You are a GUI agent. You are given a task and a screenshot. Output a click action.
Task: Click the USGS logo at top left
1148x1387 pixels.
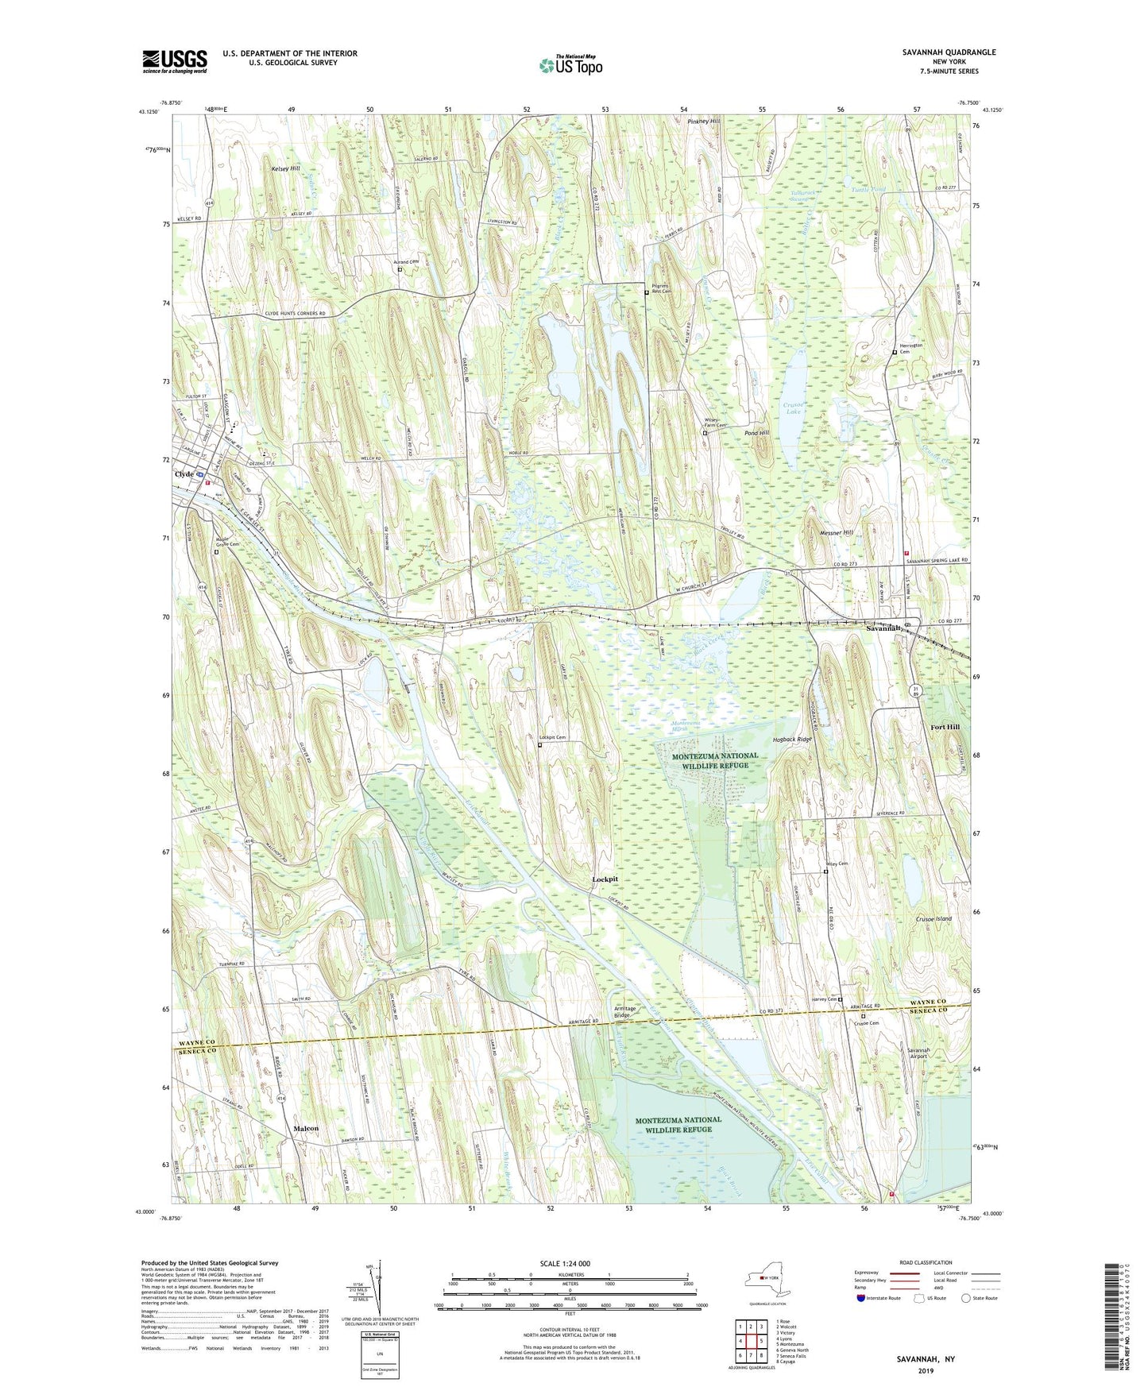pos(175,61)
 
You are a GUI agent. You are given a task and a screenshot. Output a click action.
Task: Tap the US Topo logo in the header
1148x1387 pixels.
pos(570,65)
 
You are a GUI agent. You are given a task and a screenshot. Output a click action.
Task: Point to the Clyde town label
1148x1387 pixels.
pos(184,474)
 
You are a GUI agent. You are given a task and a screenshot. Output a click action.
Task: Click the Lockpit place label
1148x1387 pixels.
pos(605,879)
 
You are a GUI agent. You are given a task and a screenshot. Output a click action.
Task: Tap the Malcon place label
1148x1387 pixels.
pos(306,1128)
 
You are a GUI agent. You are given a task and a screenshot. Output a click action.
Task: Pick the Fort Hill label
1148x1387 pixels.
pos(945,728)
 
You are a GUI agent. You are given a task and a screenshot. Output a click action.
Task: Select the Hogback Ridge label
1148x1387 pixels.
pos(793,739)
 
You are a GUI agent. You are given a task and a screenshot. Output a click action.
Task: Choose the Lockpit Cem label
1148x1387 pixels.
pos(553,738)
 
